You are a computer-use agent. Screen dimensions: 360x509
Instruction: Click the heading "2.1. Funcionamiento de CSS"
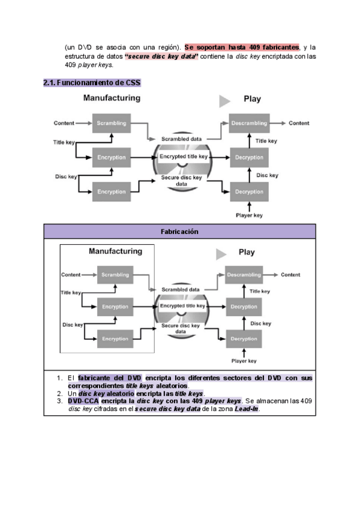pyautogui.click(x=92, y=83)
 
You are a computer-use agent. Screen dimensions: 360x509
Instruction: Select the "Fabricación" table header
pyautogui.click(x=179, y=232)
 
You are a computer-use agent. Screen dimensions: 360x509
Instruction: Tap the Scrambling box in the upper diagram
pyautogui.click(x=112, y=123)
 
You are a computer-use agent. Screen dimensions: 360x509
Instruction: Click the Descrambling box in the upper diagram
pyautogui.click(x=249, y=123)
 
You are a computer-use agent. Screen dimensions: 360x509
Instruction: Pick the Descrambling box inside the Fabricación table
pyautogui.click(x=244, y=275)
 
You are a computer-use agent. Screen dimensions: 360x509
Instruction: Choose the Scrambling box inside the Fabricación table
pyautogui.click(x=115, y=275)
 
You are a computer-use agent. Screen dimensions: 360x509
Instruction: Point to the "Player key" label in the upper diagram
pyautogui.click(x=249, y=215)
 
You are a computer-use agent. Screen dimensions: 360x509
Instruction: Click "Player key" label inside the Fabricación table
pyautogui.click(x=244, y=361)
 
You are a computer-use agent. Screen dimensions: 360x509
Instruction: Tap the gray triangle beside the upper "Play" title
pyautogui.click(x=224, y=101)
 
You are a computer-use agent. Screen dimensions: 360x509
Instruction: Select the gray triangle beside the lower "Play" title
pyautogui.click(x=221, y=254)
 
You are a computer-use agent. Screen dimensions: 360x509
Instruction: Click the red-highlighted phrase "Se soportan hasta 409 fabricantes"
pyautogui.click(x=242, y=47)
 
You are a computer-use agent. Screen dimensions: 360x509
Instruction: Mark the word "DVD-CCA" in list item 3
pyautogui.click(x=83, y=401)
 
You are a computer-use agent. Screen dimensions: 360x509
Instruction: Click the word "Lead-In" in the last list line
pyautogui.click(x=247, y=409)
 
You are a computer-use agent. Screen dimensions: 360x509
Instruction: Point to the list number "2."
pyautogui.click(x=60, y=393)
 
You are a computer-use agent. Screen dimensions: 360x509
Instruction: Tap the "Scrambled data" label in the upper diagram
pyautogui.click(x=181, y=139)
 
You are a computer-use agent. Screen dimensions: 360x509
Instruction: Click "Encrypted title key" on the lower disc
pyautogui.click(x=182, y=306)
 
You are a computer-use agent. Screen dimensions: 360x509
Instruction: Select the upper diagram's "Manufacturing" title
pyautogui.click(x=112, y=98)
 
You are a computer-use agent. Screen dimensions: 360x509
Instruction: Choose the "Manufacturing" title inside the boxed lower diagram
pyautogui.click(x=116, y=251)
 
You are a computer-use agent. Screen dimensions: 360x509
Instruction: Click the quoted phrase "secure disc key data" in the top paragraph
pyautogui.click(x=161, y=56)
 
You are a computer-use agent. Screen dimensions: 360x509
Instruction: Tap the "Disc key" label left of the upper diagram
pyautogui.click(x=66, y=176)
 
